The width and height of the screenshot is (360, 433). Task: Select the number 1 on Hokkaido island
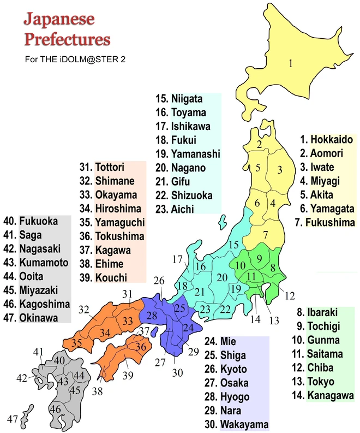[x=291, y=63]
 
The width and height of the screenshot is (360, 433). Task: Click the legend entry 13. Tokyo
[x=321, y=382]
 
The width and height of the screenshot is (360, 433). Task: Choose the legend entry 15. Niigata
[x=179, y=99]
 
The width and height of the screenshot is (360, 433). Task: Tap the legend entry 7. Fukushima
[x=324, y=222]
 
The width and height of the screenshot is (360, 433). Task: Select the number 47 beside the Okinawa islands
[x=13, y=419]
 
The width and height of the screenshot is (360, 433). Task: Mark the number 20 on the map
[x=222, y=277]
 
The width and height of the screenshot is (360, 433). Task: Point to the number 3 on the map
[x=279, y=170]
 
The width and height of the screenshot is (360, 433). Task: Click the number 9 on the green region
[x=260, y=258]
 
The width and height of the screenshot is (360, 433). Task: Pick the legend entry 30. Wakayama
[x=239, y=424]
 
